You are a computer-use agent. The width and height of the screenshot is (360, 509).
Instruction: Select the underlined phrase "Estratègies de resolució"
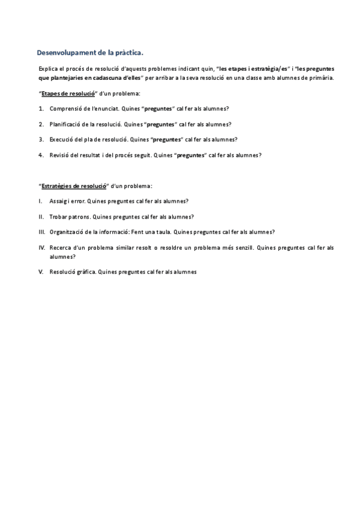[74, 185]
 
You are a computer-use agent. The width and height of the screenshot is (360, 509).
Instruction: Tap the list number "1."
[41, 109]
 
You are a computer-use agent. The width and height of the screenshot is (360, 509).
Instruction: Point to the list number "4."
[41, 155]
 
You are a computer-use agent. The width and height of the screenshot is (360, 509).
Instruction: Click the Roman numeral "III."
[41, 232]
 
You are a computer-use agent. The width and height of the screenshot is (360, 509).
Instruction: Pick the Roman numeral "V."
[41, 271]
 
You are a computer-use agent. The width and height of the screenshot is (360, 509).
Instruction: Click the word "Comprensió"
[65, 109]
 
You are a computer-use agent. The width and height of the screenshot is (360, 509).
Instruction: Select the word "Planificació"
[67, 124]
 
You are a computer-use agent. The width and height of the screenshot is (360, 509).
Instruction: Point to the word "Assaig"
[59, 201]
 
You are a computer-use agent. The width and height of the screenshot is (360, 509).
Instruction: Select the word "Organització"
[68, 232]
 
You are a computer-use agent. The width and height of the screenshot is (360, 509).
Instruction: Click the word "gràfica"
[85, 271]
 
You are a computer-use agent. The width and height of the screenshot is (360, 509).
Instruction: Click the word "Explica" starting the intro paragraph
[47, 68]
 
